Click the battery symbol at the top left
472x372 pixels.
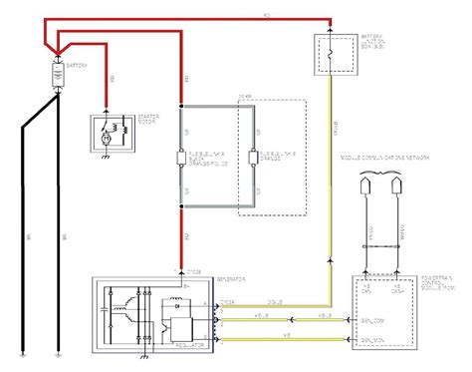click(56, 73)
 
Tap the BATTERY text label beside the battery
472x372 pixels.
click(78, 66)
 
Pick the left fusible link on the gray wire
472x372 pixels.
click(181, 158)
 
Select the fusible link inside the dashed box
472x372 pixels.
click(254, 158)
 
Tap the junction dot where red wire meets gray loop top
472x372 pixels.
click(181, 103)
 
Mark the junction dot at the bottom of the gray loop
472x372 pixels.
click(181, 209)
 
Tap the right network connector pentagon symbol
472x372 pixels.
click(398, 187)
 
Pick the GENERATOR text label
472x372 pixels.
click(202, 280)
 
